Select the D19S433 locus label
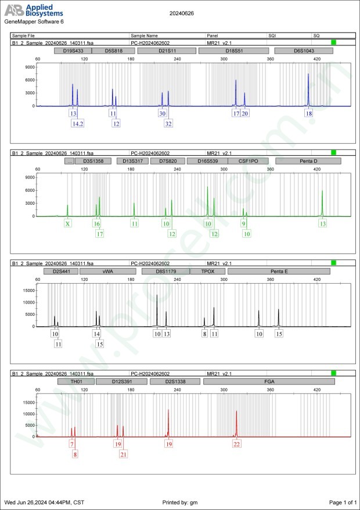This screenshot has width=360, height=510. click(x=71, y=51)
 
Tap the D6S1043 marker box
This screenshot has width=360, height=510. click(x=304, y=51)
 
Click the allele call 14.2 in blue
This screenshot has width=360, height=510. click(x=78, y=124)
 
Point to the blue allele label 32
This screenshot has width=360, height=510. click(x=168, y=124)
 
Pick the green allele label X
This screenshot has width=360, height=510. click(x=68, y=223)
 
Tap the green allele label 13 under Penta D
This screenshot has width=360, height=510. click(x=323, y=223)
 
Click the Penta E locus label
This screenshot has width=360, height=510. click(x=279, y=271)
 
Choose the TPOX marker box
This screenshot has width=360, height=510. click(x=207, y=271)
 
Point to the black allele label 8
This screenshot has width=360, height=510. click(x=204, y=334)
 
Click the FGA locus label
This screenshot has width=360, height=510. click(x=269, y=381)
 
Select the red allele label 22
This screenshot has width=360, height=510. click(x=237, y=444)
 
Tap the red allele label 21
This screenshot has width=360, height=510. click(x=123, y=454)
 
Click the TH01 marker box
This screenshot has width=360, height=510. click(x=76, y=381)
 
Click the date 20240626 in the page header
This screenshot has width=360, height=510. click(x=182, y=12)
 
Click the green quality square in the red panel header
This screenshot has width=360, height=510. click(x=333, y=373)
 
